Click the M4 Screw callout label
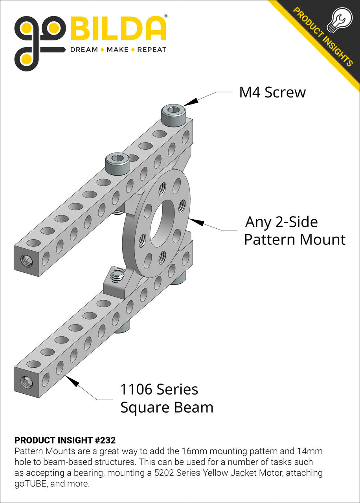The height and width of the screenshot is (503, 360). [272, 92]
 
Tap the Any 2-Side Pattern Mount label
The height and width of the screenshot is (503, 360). [294, 231]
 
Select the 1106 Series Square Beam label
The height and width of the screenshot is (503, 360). [167, 398]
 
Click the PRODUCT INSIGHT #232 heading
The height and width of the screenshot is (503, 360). [65, 440]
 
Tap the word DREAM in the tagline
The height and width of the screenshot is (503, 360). [84, 50]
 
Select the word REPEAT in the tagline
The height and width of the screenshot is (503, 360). [152, 50]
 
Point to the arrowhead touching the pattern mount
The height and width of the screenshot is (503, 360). [196, 222]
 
